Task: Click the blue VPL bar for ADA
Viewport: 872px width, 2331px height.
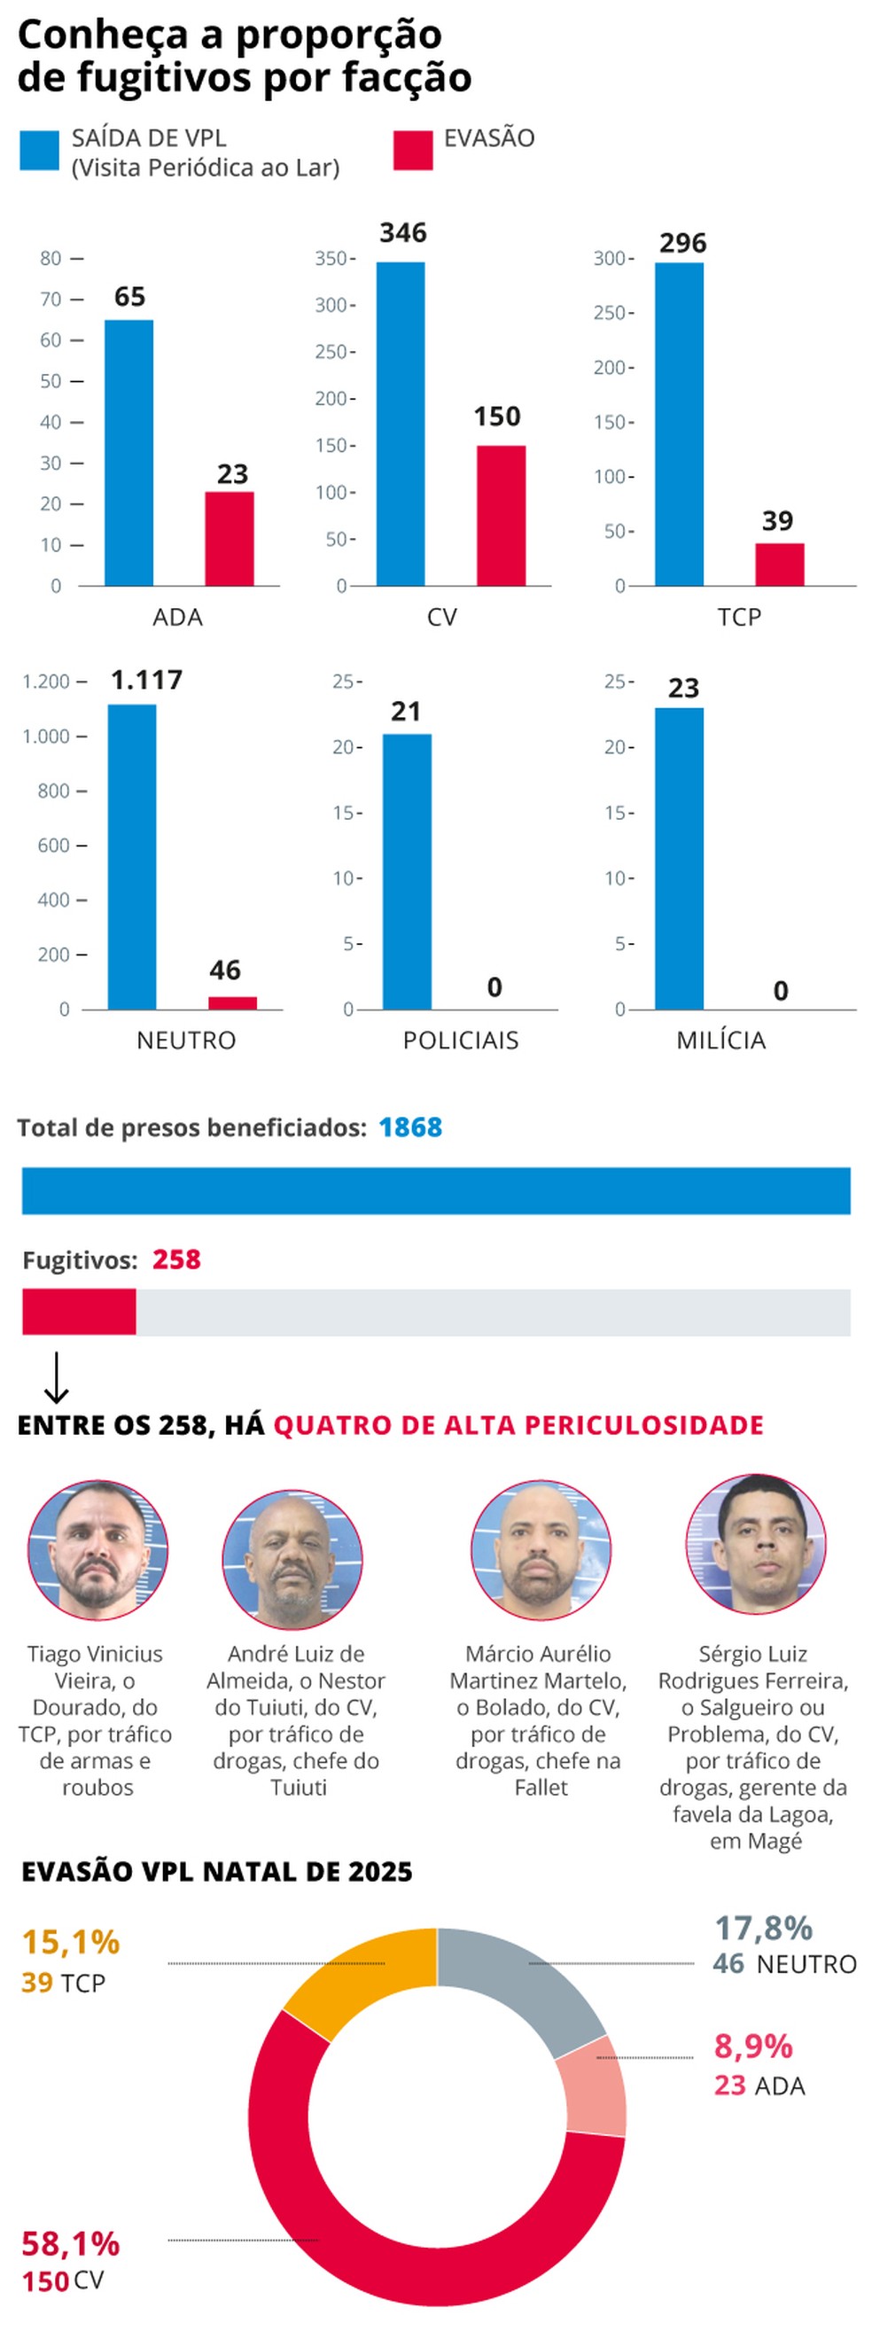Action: pos(128,452)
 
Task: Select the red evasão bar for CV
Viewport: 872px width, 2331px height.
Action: pos(501,516)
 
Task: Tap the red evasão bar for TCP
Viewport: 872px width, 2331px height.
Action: pos(779,565)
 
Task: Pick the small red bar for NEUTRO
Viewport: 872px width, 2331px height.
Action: pos(232,1002)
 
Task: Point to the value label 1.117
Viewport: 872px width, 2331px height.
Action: pos(146,680)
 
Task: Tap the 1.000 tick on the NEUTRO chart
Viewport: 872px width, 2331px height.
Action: pos(46,737)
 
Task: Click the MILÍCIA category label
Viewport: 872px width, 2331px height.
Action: pos(721,1041)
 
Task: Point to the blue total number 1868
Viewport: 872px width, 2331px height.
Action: pos(409,1127)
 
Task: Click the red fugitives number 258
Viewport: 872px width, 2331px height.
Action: pos(176,1259)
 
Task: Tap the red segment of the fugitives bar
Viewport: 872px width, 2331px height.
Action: pos(79,1312)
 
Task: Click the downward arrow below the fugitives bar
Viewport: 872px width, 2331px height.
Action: pos(56,1377)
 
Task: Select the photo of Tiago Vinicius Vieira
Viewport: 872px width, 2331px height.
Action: pos(97,1551)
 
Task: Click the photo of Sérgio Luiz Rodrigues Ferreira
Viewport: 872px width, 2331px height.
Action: pos(755,1546)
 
